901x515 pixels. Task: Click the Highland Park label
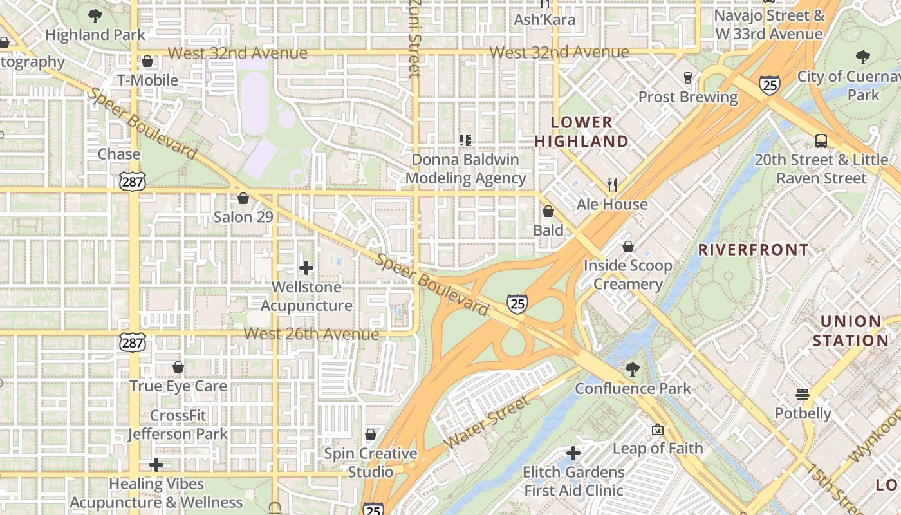point(95,35)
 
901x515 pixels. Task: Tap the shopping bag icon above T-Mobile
point(147,61)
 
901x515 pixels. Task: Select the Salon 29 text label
point(243,217)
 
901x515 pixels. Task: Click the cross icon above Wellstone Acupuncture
point(306,268)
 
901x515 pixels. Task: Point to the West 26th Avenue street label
point(311,334)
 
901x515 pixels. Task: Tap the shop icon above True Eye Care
point(178,367)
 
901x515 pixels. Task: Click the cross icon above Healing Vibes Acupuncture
point(156,465)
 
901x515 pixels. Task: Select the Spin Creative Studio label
point(370,463)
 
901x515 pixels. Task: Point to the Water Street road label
point(487,422)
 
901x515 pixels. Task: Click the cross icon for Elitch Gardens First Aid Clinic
point(573,453)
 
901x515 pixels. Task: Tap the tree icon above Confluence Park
point(633,370)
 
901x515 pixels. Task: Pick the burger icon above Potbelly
point(803,394)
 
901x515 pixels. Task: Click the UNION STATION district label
point(850,331)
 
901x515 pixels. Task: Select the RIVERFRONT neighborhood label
point(754,250)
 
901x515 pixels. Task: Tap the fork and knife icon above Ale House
point(612,185)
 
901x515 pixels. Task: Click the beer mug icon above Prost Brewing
point(688,78)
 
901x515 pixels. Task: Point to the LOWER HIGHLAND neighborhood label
point(581,131)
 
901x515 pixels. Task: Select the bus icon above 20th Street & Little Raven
point(821,141)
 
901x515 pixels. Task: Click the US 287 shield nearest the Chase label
point(133,182)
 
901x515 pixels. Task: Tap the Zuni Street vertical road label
point(414,39)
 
